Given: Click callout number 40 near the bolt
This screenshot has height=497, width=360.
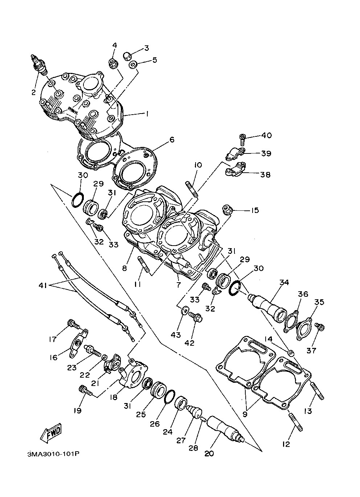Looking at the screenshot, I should tap(266, 135).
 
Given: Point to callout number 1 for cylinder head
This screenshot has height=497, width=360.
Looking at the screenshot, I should tap(147, 114).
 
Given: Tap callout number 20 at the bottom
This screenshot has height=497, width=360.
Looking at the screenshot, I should tap(209, 453).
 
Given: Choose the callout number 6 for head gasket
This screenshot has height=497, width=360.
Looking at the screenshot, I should tap(172, 139).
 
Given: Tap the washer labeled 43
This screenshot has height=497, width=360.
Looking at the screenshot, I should tap(185, 310).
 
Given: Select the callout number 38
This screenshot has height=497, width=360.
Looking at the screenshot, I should tap(265, 174).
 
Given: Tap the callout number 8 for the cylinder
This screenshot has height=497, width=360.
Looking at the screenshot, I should tap(124, 268).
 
